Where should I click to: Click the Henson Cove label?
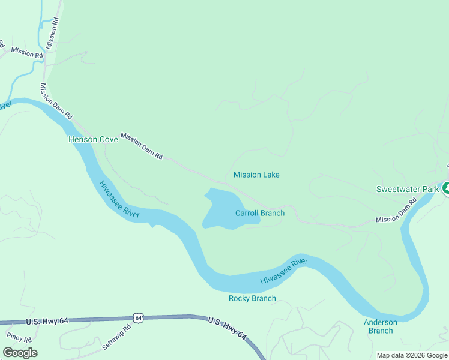92,139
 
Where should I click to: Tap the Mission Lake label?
256,175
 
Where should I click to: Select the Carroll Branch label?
259,213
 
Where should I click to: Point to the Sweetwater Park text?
408,189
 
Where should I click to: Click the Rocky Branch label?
252,298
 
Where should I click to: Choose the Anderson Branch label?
381,326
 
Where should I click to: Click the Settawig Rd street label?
116,338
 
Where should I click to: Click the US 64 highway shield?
139,317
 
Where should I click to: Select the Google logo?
20,353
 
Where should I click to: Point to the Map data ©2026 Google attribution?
412,355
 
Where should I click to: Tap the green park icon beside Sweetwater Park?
445,189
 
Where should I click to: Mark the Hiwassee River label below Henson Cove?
119,199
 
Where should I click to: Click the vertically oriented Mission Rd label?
52,32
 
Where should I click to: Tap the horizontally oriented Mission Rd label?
27,53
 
